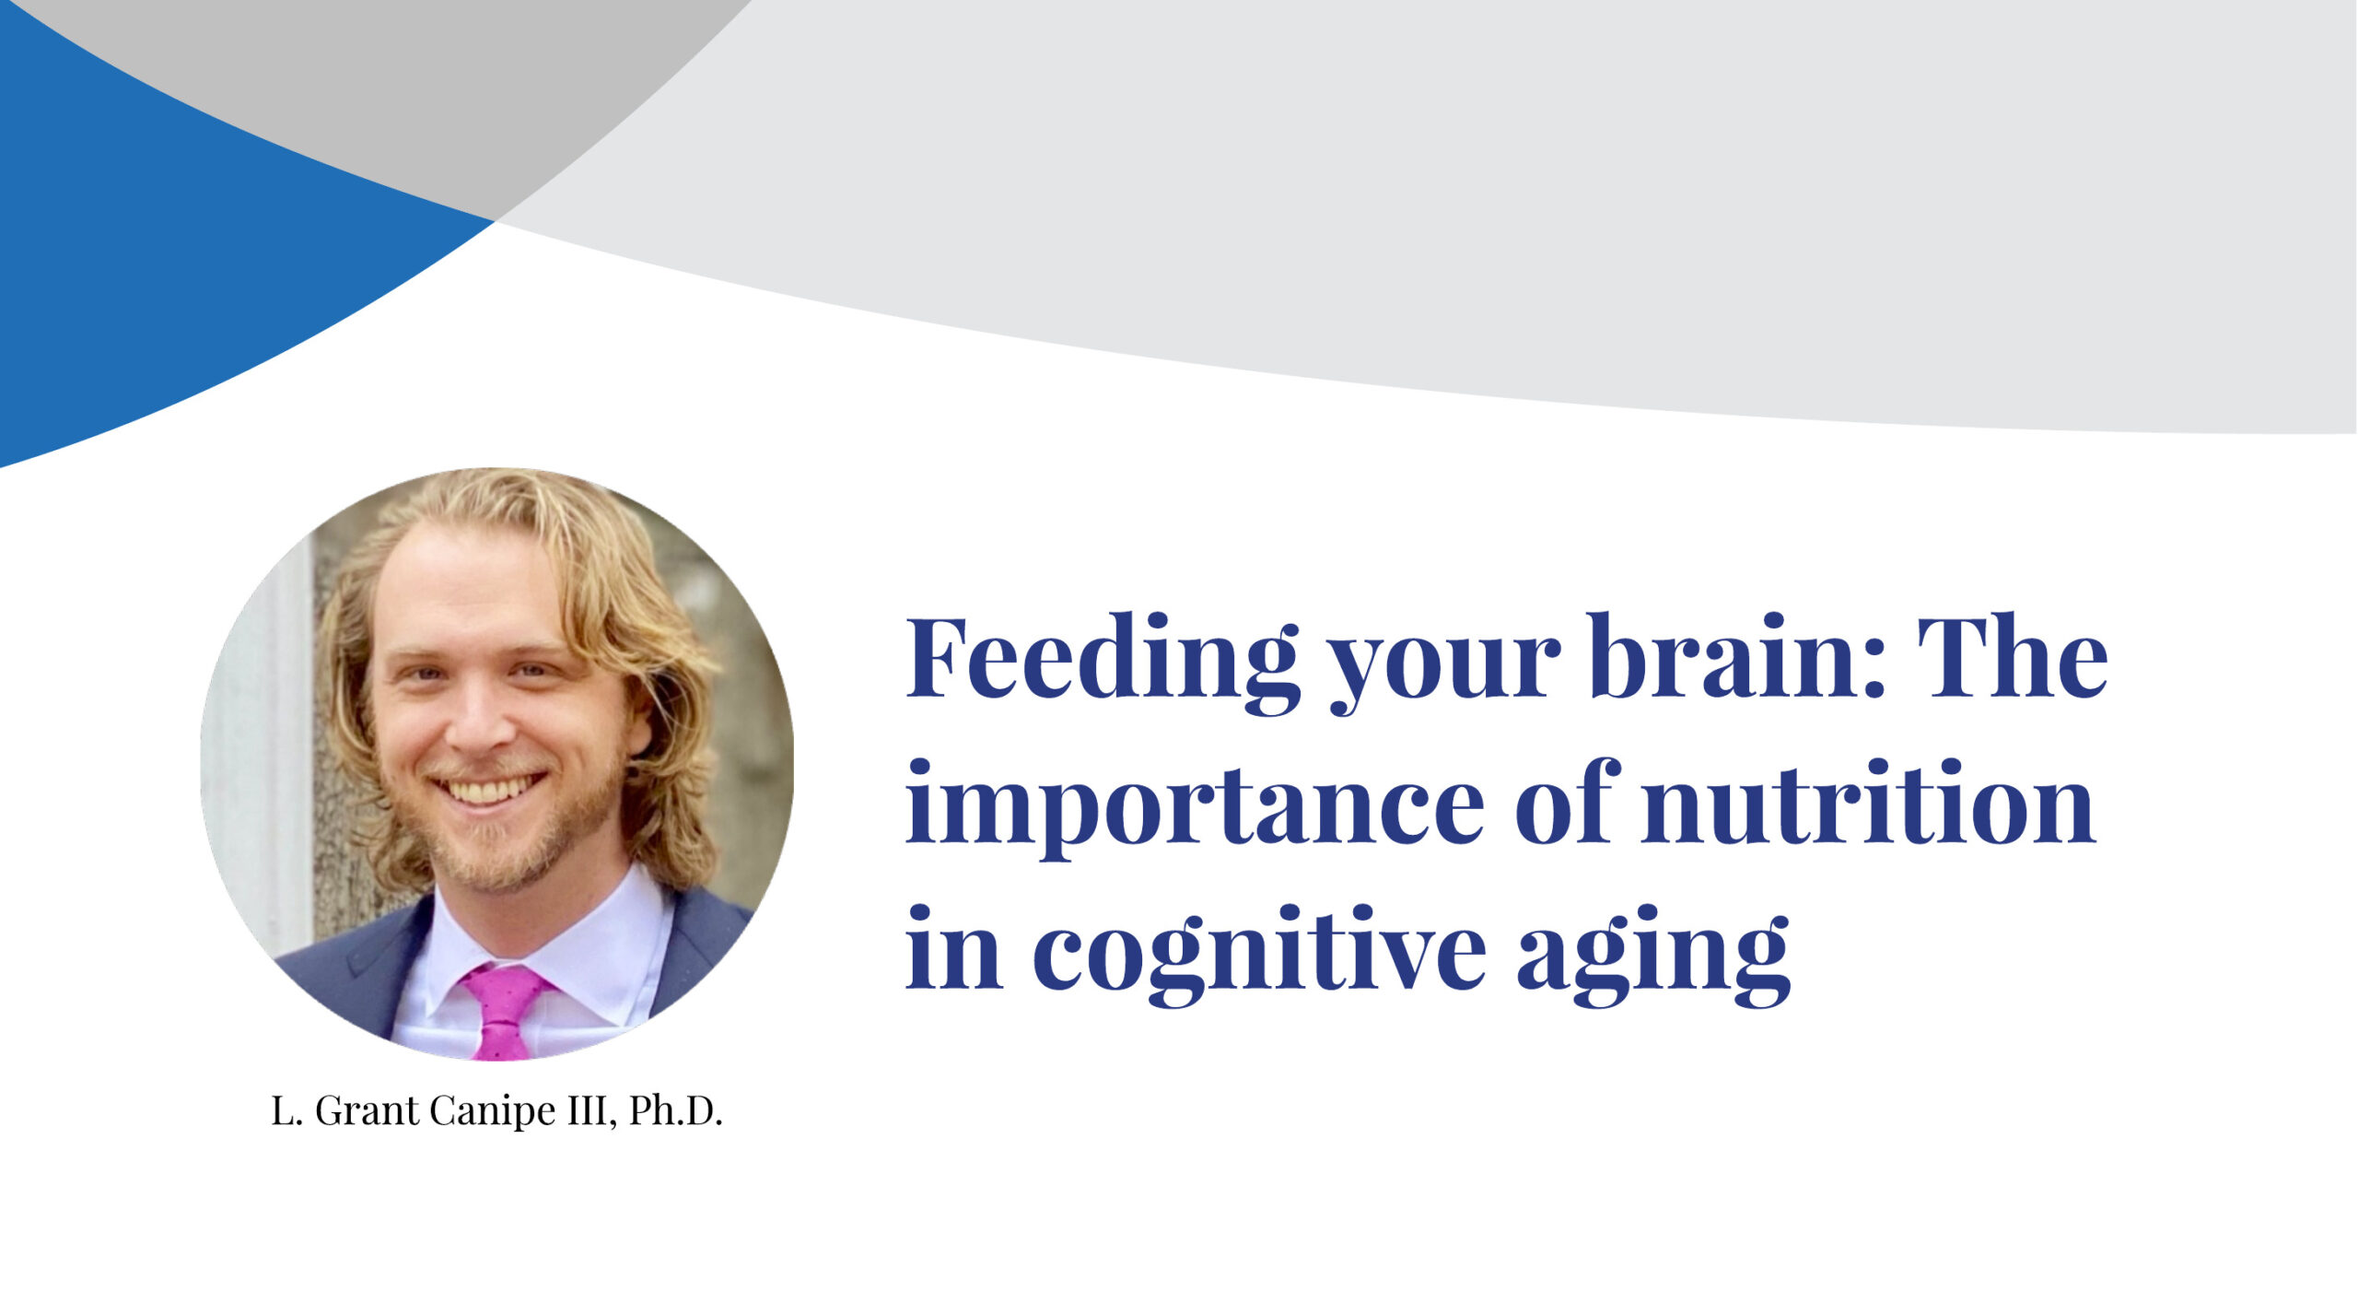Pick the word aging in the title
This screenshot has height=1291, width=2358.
1653,958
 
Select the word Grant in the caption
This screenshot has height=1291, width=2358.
368,1111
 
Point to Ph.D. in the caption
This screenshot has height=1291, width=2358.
675,1111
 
